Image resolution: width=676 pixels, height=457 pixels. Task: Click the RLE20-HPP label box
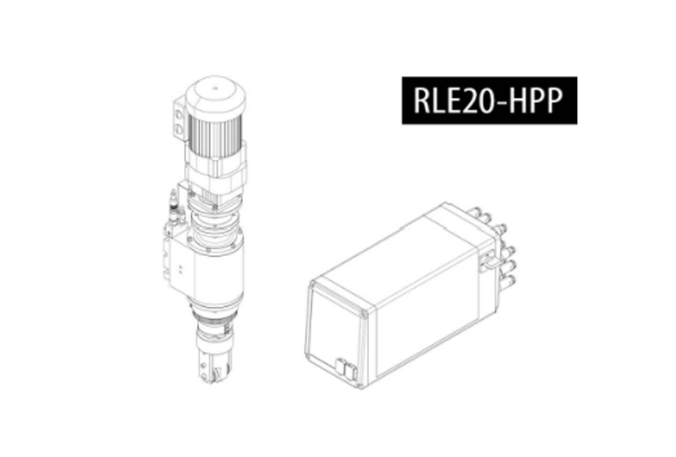coord(489,100)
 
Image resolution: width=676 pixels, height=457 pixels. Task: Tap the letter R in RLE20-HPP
coord(421,100)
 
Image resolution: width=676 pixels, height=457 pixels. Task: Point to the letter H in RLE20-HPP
coord(518,100)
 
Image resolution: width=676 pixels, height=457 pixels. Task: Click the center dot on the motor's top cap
coord(215,89)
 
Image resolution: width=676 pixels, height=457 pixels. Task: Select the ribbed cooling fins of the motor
coord(215,136)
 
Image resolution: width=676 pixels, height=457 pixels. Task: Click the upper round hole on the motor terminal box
coord(179,115)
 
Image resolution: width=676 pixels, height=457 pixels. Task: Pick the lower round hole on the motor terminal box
coord(179,130)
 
